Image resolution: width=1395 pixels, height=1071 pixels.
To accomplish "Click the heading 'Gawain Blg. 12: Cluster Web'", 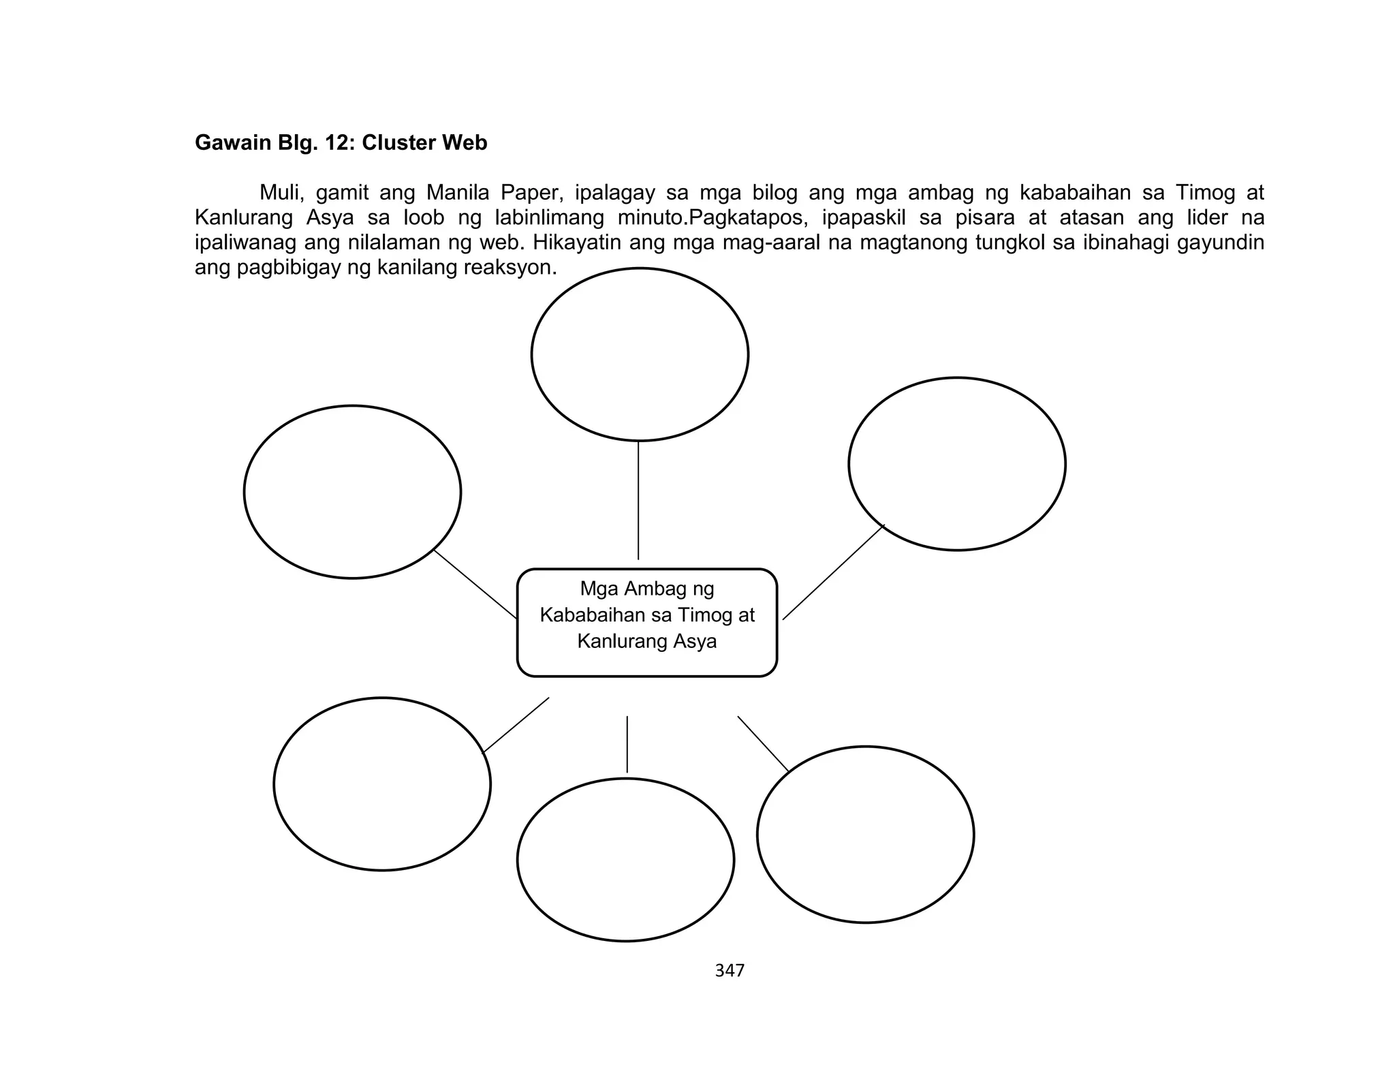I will [x=341, y=143].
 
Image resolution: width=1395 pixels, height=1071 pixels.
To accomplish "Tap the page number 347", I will [x=730, y=971].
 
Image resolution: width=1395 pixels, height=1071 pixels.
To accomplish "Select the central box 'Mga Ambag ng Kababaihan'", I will [x=646, y=622].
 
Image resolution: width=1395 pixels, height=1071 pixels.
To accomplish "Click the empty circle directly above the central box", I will [x=640, y=354].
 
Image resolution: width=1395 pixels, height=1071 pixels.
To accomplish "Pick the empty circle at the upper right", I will [x=956, y=464].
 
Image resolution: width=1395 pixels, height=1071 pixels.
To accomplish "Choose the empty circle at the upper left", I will [x=352, y=492].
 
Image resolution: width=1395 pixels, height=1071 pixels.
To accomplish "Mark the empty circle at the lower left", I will [x=382, y=784].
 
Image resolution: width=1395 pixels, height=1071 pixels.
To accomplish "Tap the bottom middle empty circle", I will [x=625, y=860].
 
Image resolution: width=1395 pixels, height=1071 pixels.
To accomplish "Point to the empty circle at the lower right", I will [x=865, y=835].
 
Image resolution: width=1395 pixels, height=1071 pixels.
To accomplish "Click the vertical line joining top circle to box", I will [x=638, y=501].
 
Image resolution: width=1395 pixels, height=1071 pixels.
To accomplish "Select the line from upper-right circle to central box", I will [x=833, y=572].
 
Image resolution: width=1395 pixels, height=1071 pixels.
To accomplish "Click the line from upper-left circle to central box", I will [x=475, y=584].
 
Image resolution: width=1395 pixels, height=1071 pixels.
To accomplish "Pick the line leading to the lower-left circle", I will [x=516, y=725].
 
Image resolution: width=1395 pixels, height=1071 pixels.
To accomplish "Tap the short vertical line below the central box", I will [x=627, y=744].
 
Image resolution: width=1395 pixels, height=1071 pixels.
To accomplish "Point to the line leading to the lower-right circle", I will [x=763, y=744].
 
